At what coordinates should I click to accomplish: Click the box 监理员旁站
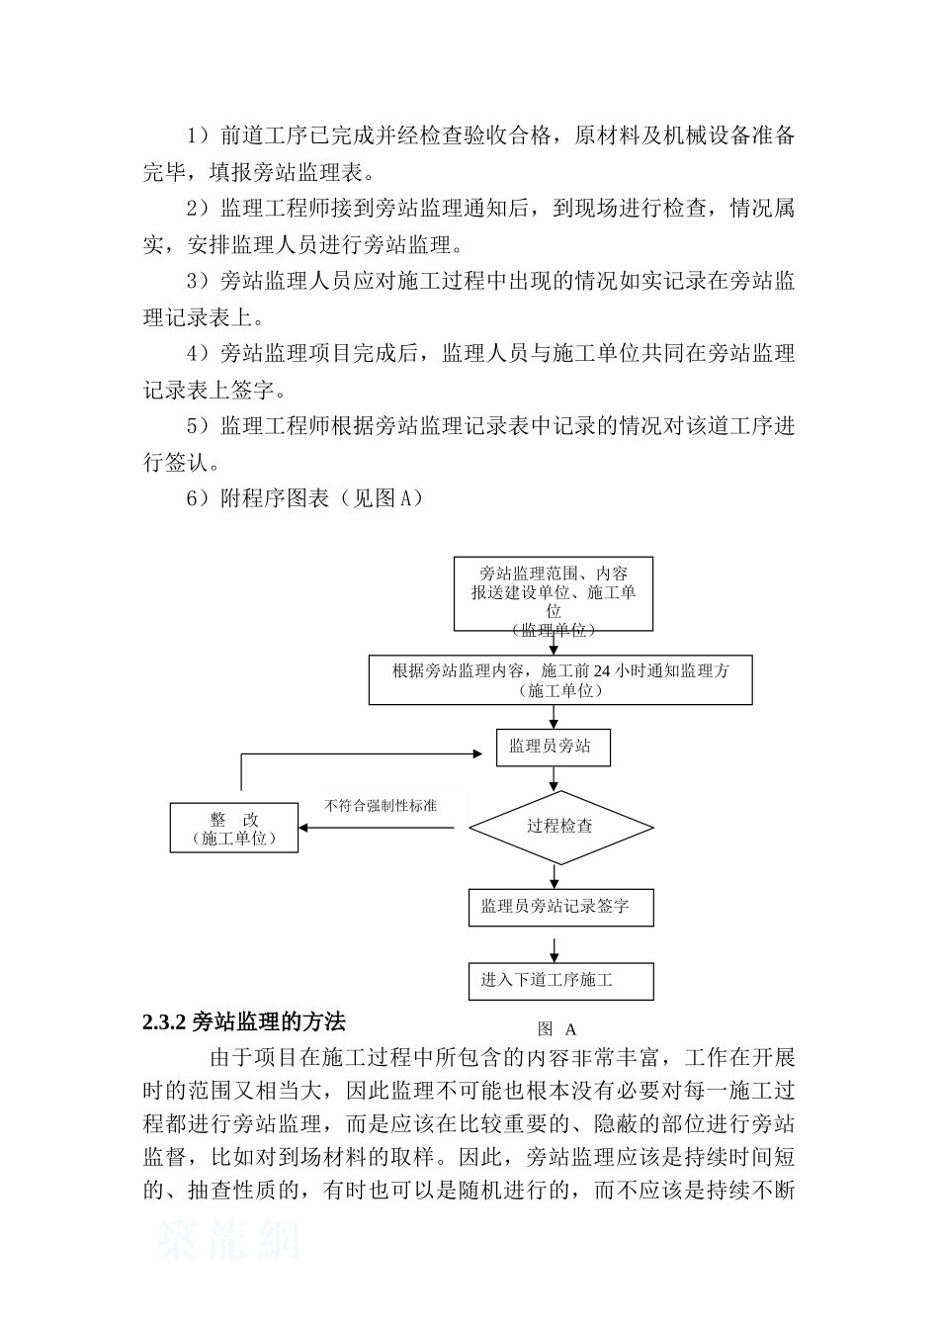click(x=553, y=747)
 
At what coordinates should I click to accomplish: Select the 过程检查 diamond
click(x=560, y=827)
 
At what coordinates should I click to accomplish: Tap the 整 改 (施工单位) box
click(x=234, y=829)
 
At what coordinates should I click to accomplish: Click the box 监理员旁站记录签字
click(x=560, y=906)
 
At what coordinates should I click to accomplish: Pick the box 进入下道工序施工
click(x=560, y=980)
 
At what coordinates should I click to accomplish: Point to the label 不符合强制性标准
click(x=381, y=806)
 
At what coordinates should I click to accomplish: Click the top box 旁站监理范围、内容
click(x=554, y=593)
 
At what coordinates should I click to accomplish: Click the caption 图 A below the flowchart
click(x=556, y=1029)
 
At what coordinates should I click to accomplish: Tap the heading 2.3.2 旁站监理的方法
click(x=243, y=1021)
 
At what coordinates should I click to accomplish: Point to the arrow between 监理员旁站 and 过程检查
click(x=554, y=778)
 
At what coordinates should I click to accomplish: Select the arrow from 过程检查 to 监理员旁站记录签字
click(x=554, y=875)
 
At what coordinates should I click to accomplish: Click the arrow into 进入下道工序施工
click(x=554, y=950)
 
